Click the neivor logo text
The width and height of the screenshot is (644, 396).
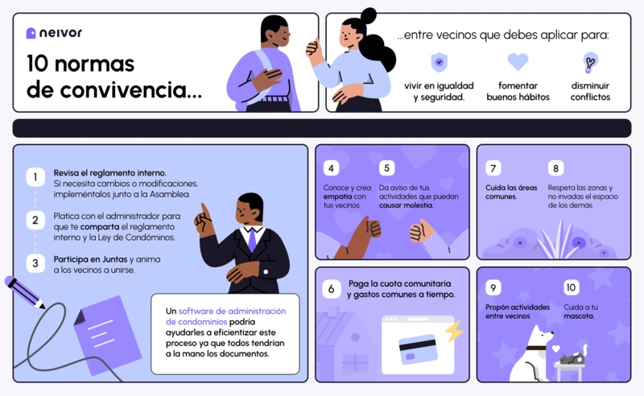click(x=60, y=33)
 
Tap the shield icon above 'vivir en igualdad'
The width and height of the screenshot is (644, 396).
click(x=439, y=63)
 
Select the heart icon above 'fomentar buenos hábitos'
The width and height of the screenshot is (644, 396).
click(x=518, y=62)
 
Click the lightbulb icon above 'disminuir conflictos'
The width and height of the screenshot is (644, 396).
click(x=590, y=63)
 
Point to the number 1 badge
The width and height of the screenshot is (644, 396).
click(x=35, y=177)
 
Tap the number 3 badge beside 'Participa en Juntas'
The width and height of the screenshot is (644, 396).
click(x=35, y=263)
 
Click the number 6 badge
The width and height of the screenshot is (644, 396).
click(x=331, y=289)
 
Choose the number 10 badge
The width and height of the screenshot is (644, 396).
click(x=571, y=287)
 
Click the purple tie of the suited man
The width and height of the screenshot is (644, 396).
click(x=252, y=240)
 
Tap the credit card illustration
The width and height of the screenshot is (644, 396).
click(x=418, y=349)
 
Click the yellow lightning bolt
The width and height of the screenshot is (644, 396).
click(x=454, y=331)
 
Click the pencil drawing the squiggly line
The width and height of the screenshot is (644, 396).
click(x=24, y=292)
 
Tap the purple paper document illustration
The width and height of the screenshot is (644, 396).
click(x=108, y=334)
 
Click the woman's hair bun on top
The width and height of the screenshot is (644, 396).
click(x=368, y=16)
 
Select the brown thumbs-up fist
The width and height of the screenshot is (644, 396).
click(x=372, y=228)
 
